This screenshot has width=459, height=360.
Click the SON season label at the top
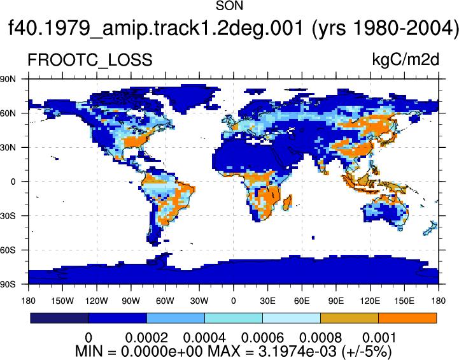pos(229,6)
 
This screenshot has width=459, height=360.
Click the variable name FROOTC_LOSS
pos(90,60)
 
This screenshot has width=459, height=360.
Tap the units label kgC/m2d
pos(406,60)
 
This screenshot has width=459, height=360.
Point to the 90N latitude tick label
pos(8,79)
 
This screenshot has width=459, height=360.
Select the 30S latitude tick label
pos(8,216)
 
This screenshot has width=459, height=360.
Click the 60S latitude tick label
pos(8,250)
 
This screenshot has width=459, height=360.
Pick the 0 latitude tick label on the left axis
pos(13,182)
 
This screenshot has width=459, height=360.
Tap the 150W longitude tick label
pos(62,301)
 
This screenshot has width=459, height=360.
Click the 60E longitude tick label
pos(302,301)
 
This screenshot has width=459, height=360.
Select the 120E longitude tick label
pos(370,301)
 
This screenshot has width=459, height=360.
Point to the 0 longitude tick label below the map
pos(233,301)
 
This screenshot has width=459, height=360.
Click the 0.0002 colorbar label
pos(146,338)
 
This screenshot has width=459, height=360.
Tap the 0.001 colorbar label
pos(379,338)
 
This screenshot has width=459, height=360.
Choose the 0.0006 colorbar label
pos(262,338)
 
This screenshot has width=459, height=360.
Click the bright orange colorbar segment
pos(407,318)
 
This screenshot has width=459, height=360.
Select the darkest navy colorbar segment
pos(59,318)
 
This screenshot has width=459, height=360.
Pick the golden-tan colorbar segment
pos(350,318)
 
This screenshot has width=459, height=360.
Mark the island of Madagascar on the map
pos(287,203)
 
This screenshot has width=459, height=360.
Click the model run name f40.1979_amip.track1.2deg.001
pos(156,28)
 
